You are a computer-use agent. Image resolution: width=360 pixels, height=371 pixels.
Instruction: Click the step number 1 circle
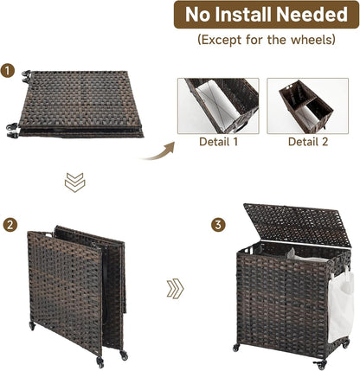click(8, 71)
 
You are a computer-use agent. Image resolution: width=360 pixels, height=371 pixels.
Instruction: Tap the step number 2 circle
click(10, 225)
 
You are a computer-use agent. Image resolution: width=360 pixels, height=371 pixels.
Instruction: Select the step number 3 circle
click(218, 225)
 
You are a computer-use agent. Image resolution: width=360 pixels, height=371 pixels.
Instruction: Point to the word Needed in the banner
click(311, 15)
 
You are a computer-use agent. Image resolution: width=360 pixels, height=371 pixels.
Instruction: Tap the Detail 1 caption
click(219, 142)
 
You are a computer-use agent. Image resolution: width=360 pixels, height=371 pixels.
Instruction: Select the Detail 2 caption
click(308, 142)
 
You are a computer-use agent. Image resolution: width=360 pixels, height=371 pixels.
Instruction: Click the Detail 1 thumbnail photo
click(218, 106)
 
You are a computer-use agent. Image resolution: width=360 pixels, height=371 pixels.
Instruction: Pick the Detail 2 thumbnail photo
click(308, 106)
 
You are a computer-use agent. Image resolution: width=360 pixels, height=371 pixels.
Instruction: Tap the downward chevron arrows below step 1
click(75, 182)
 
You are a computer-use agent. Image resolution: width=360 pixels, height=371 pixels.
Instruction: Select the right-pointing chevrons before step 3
click(175, 288)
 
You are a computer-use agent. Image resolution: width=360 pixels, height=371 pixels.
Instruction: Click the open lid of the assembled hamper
click(298, 225)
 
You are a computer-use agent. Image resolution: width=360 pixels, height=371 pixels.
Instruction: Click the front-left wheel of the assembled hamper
click(236, 348)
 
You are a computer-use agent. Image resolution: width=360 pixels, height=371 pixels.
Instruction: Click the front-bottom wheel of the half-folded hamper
click(100, 362)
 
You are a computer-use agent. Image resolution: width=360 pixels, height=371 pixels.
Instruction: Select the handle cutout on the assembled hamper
click(248, 249)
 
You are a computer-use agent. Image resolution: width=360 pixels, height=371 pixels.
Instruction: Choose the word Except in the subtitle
click(221, 40)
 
